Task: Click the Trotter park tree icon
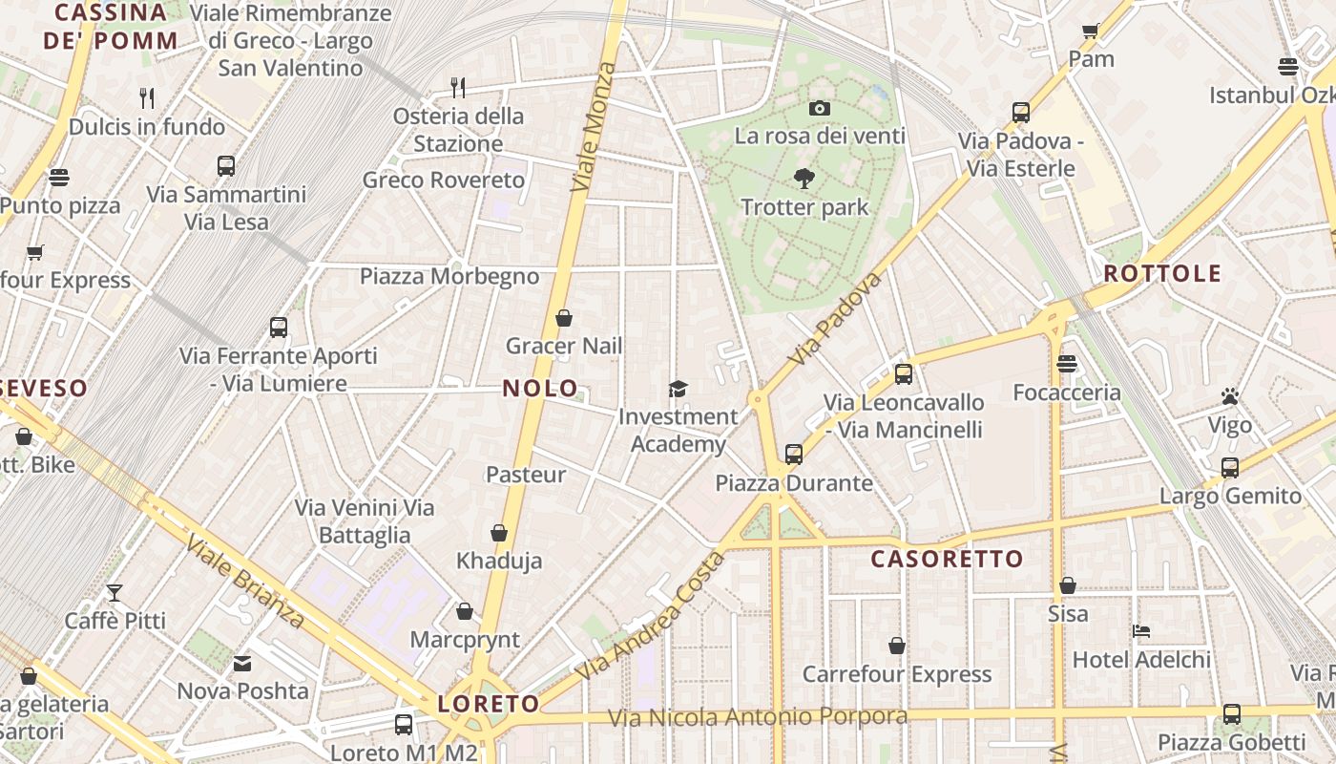(x=804, y=178)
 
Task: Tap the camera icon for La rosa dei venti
(x=819, y=108)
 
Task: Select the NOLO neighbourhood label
(x=540, y=388)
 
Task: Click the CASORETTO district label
(x=947, y=559)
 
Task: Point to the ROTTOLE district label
(x=1162, y=274)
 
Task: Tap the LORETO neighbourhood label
(x=489, y=705)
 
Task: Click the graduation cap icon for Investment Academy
(x=678, y=389)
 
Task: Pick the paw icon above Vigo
(x=1229, y=396)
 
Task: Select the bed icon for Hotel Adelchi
(x=1140, y=631)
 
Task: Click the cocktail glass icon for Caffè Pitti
(x=115, y=593)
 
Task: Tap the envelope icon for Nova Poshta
(x=242, y=663)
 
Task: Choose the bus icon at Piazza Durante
(x=794, y=455)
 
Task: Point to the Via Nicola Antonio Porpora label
(x=758, y=717)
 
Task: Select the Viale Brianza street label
(x=245, y=582)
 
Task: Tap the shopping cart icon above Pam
(x=1091, y=31)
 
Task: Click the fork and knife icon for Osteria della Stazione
(x=458, y=88)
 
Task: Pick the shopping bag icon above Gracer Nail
(x=564, y=318)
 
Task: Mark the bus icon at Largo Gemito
(x=1230, y=468)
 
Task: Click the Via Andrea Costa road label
(x=649, y=616)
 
